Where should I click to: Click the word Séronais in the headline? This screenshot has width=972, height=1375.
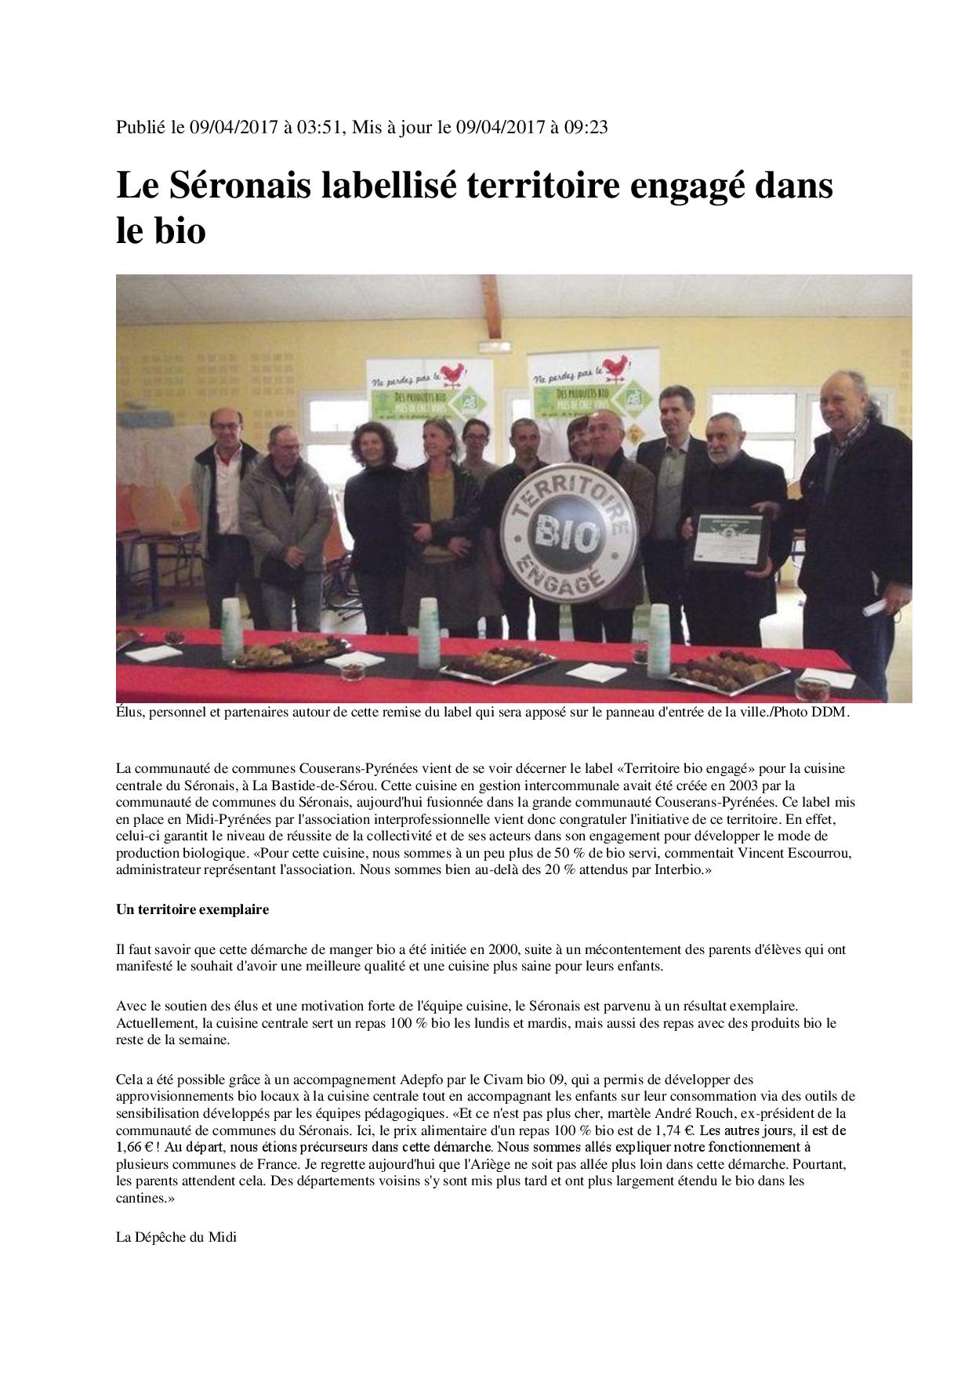coord(234,187)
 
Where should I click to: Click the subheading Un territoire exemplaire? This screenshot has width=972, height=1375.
coord(193,909)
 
